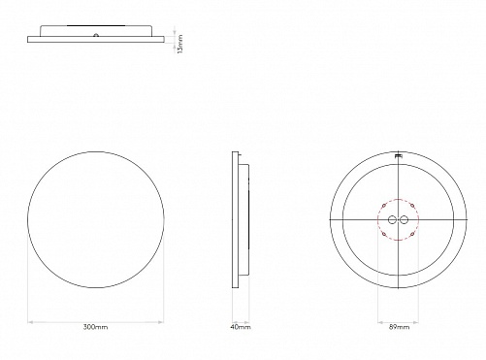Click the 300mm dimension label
click(x=95, y=327)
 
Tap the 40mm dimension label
click(x=241, y=327)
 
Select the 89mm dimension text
click(x=399, y=327)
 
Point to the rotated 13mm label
click(x=180, y=44)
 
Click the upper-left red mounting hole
click(x=384, y=206)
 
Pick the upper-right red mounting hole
click(x=412, y=206)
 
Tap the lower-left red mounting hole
click(x=384, y=234)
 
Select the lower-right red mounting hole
click(x=412, y=234)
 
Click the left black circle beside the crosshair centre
click(x=392, y=220)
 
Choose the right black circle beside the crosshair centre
click(x=404, y=220)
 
